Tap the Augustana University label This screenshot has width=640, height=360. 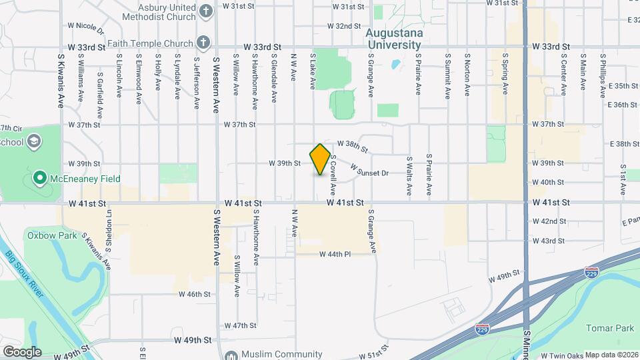tap(394, 39)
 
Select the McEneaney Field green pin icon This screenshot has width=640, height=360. tap(39, 179)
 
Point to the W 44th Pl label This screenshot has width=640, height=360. tap(335, 254)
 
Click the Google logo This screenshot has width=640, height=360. tap(22, 351)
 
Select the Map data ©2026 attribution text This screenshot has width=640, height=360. tap(611, 355)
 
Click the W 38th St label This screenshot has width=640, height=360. tap(353, 144)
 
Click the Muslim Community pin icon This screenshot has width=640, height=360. tap(231, 355)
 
